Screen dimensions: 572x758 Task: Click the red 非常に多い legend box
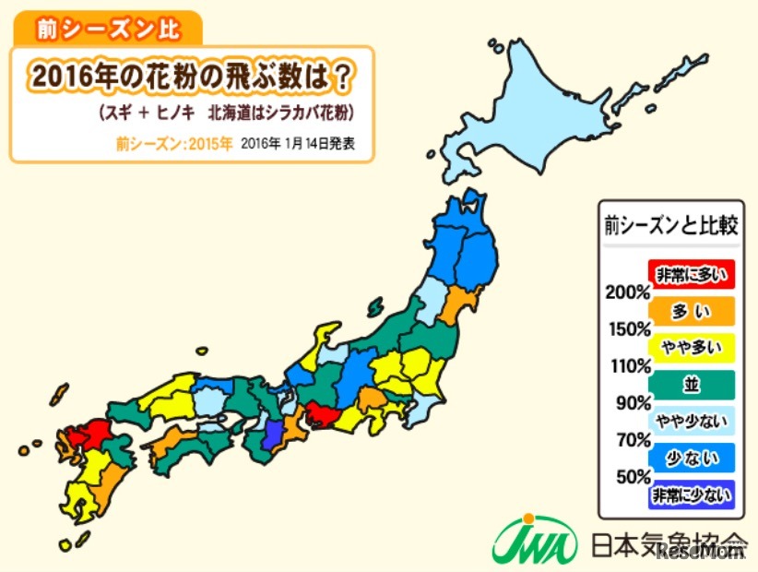pyautogui.click(x=691, y=275)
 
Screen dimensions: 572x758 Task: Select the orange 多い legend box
pyautogui.click(x=691, y=311)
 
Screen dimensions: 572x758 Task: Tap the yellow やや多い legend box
pyautogui.click(x=691, y=348)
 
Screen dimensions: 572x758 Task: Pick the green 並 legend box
pyautogui.click(x=691, y=385)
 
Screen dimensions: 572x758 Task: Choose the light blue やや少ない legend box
pyautogui.click(x=691, y=422)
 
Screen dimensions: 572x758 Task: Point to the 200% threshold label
pyautogui.click(x=627, y=293)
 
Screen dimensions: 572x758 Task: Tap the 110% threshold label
pyautogui.click(x=627, y=366)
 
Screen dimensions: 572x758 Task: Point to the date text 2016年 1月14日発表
pyautogui.click(x=297, y=144)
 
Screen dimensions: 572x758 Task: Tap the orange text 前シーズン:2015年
pyautogui.click(x=173, y=144)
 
